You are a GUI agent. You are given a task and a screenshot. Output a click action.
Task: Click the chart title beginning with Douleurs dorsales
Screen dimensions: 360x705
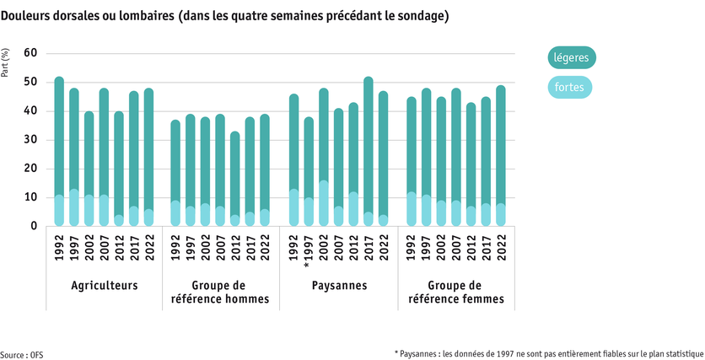pos(224,16)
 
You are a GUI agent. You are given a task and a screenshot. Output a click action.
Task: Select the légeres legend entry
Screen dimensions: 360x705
pos(571,58)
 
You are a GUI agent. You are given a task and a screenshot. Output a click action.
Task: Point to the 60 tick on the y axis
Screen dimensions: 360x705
pos(31,53)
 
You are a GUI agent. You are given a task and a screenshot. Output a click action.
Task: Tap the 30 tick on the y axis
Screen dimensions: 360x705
pos(31,140)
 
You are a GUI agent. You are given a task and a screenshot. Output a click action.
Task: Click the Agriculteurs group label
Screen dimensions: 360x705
pos(104,285)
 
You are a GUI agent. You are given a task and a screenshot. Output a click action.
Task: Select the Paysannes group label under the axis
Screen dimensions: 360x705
pos(338,285)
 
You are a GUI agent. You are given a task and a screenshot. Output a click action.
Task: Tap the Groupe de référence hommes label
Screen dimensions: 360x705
pos(221,292)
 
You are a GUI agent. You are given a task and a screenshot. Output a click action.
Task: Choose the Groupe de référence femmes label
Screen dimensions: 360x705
pos(456,292)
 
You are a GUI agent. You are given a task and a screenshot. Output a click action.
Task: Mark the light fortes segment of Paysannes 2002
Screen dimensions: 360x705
pos(324,203)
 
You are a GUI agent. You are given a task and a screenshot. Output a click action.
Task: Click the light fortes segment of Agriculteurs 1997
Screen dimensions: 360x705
pos(74,207)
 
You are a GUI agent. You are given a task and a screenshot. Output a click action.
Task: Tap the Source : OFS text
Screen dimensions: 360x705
pos(21,354)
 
